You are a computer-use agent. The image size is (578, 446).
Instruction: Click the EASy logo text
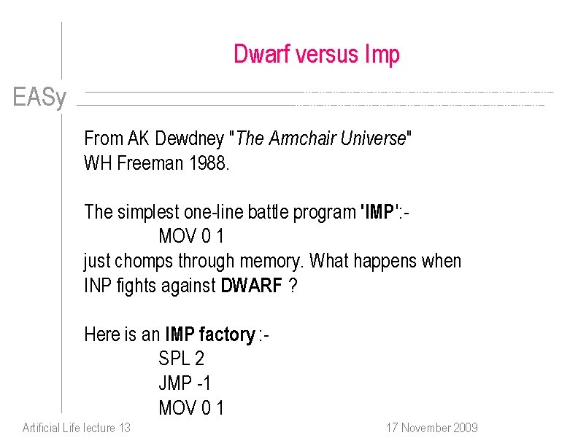click(x=39, y=98)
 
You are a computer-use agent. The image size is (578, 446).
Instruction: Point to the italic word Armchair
click(x=302, y=138)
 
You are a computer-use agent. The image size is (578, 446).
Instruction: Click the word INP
click(x=98, y=286)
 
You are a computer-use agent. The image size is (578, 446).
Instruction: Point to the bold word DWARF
click(x=251, y=286)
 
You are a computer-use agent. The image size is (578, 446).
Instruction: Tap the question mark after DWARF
click(x=293, y=286)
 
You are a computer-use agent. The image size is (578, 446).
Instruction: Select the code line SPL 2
click(x=181, y=359)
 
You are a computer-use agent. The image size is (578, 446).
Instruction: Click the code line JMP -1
click(x=184, y=383)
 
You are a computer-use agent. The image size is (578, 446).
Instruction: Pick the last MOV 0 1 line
click(x=191, y=407)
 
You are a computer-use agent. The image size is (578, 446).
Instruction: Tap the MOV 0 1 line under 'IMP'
click(x=191, y=237)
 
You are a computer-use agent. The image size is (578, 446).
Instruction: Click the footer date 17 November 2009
click(x=431, y=428)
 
